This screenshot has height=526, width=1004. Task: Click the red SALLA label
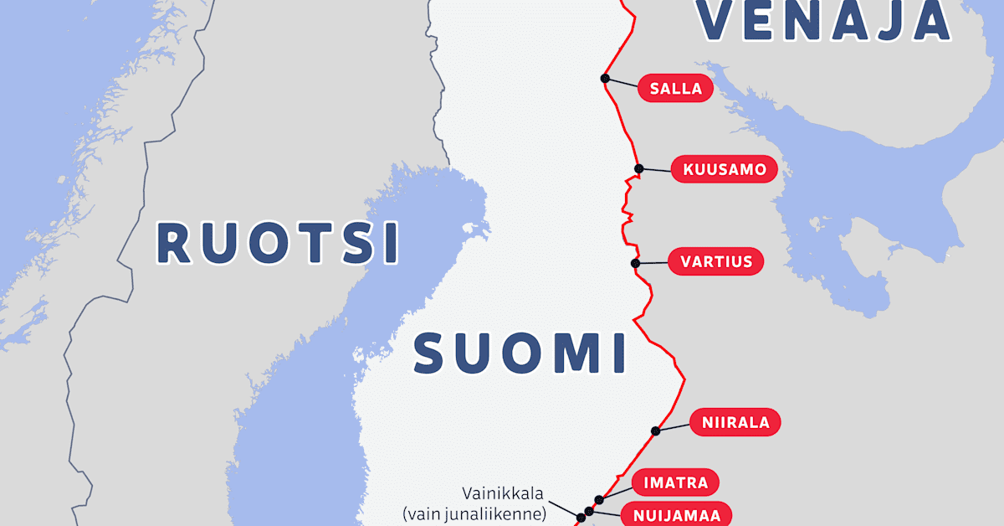(675, 89)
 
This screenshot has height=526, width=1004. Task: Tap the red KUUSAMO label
(725, 170)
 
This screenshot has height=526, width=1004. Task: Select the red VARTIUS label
(716, 261)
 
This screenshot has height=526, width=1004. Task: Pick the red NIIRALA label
(735, 422)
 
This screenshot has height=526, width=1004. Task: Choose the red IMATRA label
(675, 482)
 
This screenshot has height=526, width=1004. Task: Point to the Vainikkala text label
(501, 493)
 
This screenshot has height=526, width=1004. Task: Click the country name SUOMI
(520, 353)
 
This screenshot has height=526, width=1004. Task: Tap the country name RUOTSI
(277, 244)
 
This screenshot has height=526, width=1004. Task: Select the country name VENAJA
(825, 20)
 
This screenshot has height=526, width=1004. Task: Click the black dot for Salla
(604, 78)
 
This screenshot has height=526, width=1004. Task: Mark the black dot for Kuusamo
(639, 169)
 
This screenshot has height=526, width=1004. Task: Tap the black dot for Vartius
(635, 263)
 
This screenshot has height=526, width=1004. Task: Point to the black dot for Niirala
(655, 431)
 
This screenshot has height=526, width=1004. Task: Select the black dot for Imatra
(599, 500)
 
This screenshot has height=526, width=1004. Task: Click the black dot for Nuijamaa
(589, 511)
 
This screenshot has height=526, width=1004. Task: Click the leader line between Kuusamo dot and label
(657, 170)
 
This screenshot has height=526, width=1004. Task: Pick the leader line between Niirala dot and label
(674, 426)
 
